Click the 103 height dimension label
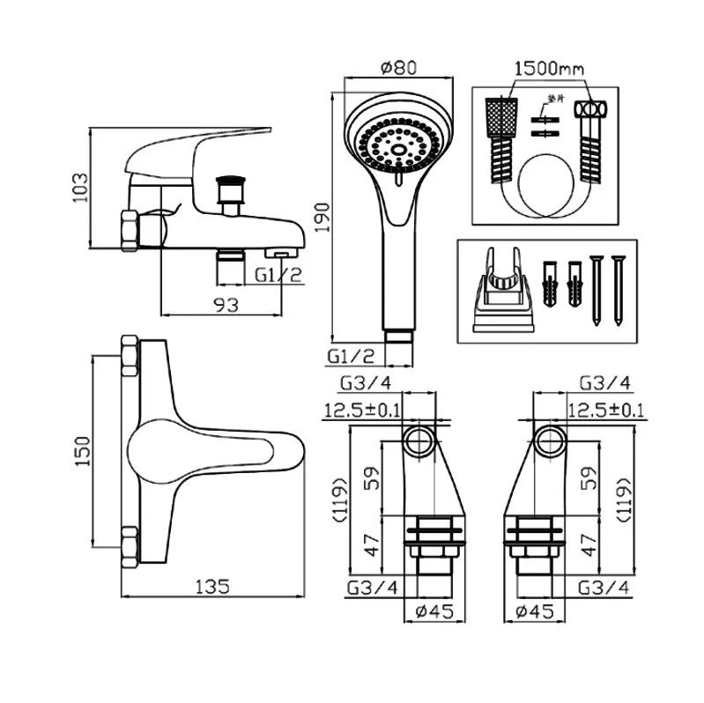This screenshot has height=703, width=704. point(80,188)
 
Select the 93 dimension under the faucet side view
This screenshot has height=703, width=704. point(226,305)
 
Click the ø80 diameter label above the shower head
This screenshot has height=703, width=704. point(396,66)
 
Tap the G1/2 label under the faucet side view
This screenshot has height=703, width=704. point(278,275)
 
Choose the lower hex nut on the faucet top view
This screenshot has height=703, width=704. point(130,545)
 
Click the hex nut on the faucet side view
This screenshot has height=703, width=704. point(130,230)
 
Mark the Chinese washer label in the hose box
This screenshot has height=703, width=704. point(552,99)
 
